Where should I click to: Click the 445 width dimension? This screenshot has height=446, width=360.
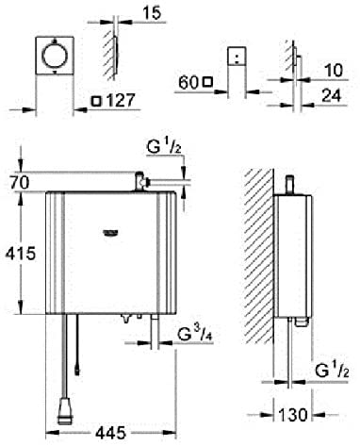[x=111, y=434]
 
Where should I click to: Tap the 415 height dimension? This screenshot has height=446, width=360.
[x=21, y=254]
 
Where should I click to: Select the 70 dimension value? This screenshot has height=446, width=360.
[x=20, y=183]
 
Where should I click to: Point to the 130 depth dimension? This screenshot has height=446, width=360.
[x=293, y=415]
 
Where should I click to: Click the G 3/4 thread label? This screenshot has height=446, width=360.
[x=195, y=335]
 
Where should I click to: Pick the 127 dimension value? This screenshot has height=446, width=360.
[x=121, y=101]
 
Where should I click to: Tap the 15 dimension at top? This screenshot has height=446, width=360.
[x=152, y=13]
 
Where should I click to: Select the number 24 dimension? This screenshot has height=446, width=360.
[x=331, y=95]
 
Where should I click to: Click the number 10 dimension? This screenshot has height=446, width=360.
[x=334, y=70]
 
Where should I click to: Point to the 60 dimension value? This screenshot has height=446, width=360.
[x=188, y=83]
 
